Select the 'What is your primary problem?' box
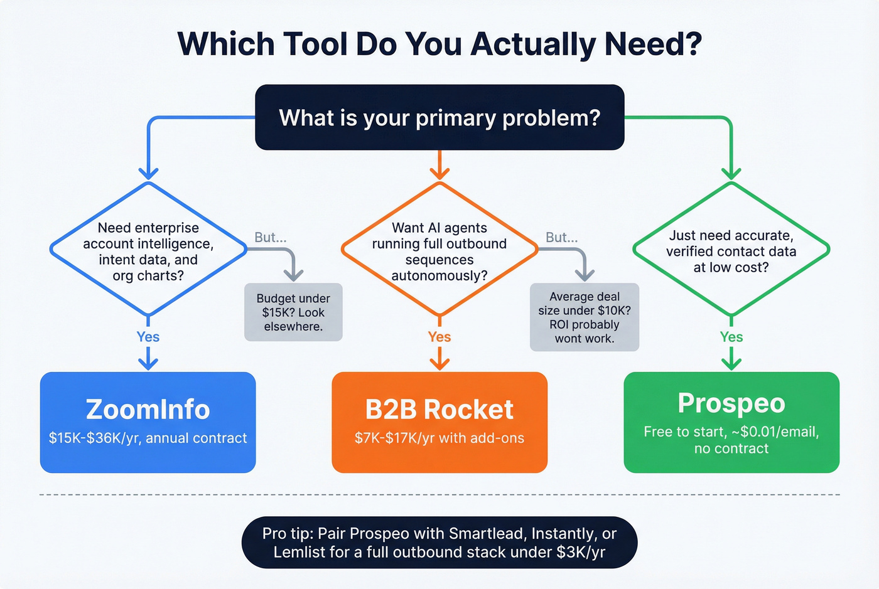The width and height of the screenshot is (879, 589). click(439, 117)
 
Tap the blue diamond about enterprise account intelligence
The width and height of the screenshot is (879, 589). click(148, 250)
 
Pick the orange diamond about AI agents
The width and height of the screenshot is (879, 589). click(439, 251)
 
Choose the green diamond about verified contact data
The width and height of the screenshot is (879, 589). click(731, 251)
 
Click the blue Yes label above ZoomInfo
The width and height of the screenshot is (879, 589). click(148, 337)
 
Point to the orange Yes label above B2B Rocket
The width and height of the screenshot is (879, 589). click(439, 337)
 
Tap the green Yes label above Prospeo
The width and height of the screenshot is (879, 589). click(731, 337)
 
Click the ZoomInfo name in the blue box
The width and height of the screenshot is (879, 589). click(148, 409)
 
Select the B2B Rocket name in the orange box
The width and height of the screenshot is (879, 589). click(439, 410)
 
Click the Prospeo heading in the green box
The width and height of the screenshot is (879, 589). click(731, 403)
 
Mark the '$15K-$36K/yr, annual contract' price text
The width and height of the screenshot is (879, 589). click(148, 438)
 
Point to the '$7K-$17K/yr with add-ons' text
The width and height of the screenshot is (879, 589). click(439, 438)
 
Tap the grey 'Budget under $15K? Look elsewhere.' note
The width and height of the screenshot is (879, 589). click(293, 312)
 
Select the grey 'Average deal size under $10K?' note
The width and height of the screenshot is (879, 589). click(585, 317)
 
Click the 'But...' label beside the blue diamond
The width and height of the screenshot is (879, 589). click(271, 237)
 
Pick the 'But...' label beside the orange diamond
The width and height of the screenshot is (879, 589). click(562, 237)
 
